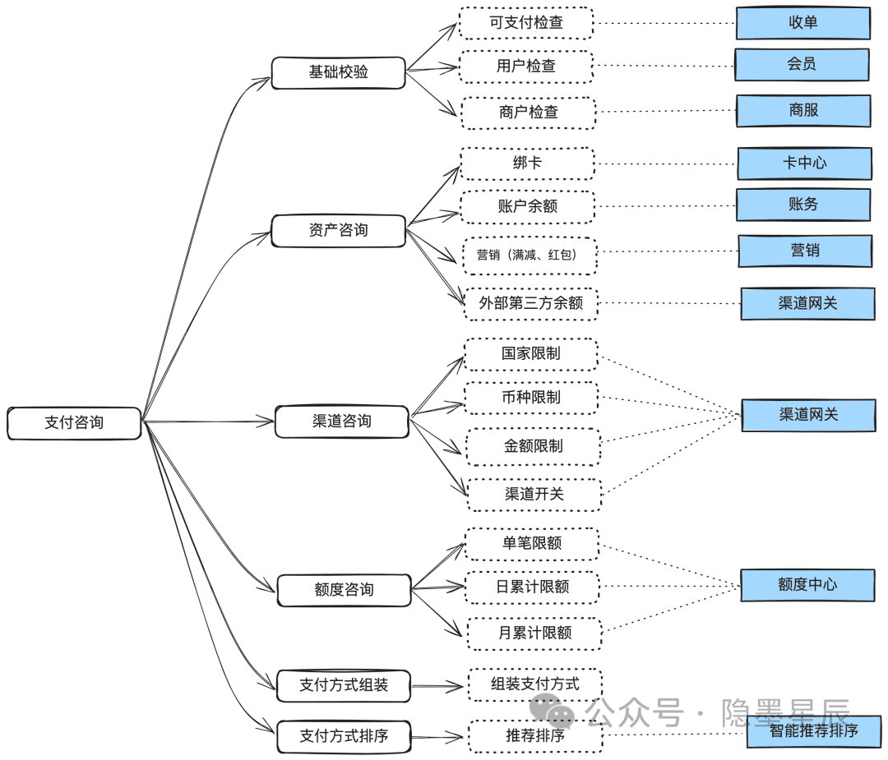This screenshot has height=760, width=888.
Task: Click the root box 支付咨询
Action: coord(74,423)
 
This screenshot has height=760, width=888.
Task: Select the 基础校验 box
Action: coord(339,72)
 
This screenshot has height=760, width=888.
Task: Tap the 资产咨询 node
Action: coord(339,230)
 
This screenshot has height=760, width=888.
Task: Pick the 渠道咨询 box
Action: coord(342,421)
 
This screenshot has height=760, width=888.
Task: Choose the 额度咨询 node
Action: coord(344,590)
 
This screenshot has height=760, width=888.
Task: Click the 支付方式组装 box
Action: coord(344,685)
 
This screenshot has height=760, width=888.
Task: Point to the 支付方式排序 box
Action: coord(344,736)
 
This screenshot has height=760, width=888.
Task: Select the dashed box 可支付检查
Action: coord(526,23)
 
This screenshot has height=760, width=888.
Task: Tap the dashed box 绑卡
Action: coord(528,164)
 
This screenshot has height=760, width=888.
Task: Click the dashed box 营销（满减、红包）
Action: coord(530,256)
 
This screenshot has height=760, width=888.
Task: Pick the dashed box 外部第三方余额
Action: coord(531,304)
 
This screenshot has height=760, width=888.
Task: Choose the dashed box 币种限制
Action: coord(531,398)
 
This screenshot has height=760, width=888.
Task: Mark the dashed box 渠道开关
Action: coord(534,495)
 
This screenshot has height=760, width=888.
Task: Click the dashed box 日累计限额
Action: coord(532,587)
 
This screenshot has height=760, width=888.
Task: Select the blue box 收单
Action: coord(803,23)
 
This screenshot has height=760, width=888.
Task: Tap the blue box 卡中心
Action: coord(805,164)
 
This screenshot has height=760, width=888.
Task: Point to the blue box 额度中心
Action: coord(807,585)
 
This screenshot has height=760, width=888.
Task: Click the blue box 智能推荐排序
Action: coord(814,731)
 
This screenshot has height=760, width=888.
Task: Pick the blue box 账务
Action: coord(803,205)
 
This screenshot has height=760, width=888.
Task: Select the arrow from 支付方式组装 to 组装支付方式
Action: coord(437,686)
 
